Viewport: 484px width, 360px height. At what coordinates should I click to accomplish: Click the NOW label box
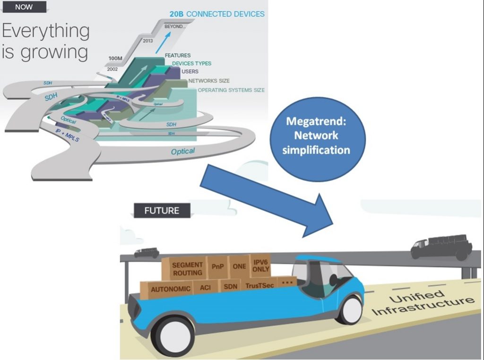point(24,7)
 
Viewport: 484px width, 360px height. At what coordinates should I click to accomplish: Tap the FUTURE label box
point(162,211)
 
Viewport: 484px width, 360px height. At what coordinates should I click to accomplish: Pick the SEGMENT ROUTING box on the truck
point(187,269)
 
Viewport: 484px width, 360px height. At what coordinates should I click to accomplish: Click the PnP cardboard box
point(217,266)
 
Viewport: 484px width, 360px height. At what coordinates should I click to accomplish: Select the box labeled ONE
point(239,266)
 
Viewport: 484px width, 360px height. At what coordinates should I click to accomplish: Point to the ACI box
point(205,287)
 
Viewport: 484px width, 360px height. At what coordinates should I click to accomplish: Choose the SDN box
point(230,286)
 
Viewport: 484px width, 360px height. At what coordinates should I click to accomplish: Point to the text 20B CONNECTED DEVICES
point(217,14)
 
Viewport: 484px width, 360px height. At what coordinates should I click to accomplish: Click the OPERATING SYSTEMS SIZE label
point(231,90)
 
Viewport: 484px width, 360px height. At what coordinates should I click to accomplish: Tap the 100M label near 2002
point(115,59)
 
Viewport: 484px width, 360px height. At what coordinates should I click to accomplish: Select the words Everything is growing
point(46,42)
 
